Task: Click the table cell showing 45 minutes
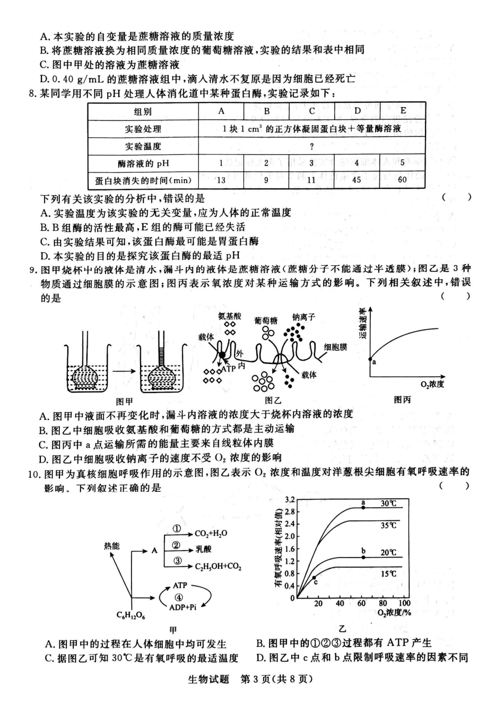(357, 180)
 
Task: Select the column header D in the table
(357, 111)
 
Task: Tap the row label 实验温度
(143, 146)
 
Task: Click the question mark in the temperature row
(312, 146)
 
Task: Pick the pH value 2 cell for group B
(267, 163)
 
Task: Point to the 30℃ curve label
(388, 503)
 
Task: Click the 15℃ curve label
(388, 573)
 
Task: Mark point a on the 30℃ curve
(363, 508)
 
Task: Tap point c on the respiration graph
(314, 578)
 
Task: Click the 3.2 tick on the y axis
(289, 500)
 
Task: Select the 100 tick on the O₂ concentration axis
(404, 603)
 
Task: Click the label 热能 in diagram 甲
(112, 546)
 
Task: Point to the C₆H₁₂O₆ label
(131, 616)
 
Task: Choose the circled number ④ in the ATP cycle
(179, 596)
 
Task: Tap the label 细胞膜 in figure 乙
(335, 347)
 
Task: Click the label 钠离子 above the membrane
(303, 317)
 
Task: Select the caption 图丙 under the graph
(402, 399)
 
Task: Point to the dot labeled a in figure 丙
(370, 359)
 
